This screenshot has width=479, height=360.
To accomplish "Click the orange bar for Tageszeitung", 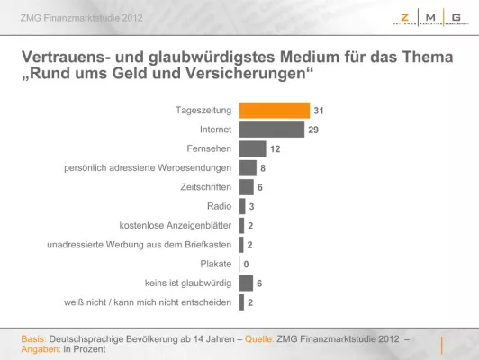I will [x=275, y=111].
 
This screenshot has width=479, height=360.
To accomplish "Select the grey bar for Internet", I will [x=272, y=130].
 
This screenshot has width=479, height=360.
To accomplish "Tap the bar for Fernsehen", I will [x=253, y=148].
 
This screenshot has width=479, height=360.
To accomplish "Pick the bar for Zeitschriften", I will [x=246, y=187].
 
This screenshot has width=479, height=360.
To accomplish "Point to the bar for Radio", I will [x=242, y=206].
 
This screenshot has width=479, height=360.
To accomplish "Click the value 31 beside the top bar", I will [x=318, y=111].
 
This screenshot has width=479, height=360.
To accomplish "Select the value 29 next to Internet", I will [x=312, y=130].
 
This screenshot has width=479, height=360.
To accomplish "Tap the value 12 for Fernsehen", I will [x=276, y=149].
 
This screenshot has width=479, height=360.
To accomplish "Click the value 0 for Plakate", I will [x=246, y=264].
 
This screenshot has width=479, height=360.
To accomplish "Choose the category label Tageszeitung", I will [x=203, y=111].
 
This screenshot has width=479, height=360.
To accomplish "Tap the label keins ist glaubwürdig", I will [x=191, y=283].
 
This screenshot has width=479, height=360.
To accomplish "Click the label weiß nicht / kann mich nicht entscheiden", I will [x=147, y=302].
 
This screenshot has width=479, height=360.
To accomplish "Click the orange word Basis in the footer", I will [x=34, y=338].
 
